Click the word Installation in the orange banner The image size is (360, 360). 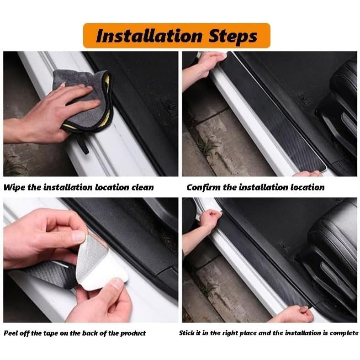point(149,36)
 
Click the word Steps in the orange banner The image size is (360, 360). point(233,37)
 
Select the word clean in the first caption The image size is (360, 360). point(143,187)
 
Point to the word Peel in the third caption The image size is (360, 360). point(10,333)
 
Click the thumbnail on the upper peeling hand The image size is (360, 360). point(79,237)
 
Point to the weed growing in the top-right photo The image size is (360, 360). point(208,146)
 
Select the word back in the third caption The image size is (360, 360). point(89,333)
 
